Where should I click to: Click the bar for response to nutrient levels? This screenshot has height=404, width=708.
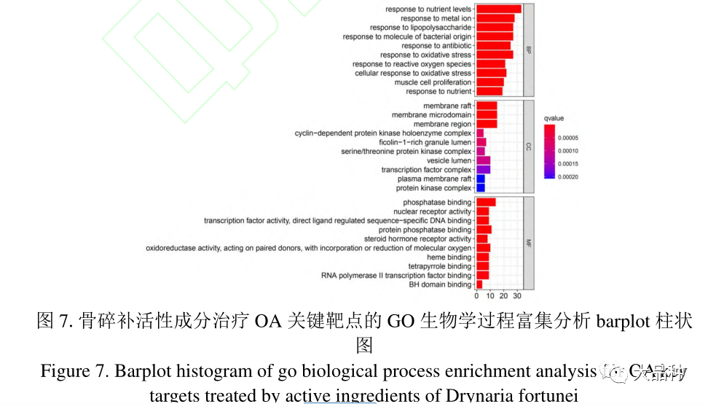click(x=498, y=9)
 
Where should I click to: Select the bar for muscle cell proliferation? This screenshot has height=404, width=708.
click(x=489, y=82)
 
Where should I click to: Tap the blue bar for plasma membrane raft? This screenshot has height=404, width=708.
click(x=480, y=179)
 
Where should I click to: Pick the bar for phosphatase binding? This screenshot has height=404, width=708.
click(x=486, y=202)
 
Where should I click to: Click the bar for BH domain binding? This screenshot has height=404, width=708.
click(x=479, y=284)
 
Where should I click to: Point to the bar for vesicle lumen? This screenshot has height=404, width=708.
click(x=483, y=160)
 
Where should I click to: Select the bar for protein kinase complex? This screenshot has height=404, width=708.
click(x=480, y=188)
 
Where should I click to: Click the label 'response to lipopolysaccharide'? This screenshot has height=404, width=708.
click(x=421, y=27)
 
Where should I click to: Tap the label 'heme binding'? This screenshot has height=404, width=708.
click(x=449, y=257)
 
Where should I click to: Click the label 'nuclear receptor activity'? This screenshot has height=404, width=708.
click(x=432, y=211)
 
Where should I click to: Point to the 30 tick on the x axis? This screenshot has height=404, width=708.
click(x=517, y=296)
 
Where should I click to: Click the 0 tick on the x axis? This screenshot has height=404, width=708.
click(x=476, y=296)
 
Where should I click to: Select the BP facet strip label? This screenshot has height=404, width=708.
click(x=529, y=50)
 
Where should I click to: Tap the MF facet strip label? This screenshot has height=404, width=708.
click(x=529, y=243)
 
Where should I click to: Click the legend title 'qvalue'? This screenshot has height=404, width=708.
click(x=554, y=117)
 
